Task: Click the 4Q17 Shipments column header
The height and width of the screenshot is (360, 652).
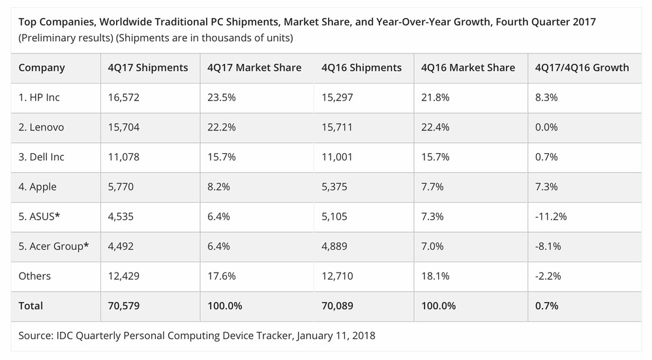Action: (x=148, y=68)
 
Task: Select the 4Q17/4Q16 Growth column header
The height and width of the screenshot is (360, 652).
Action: (x=582, y=68)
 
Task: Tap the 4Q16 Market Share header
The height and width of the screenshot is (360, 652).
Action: (x=468, y=68)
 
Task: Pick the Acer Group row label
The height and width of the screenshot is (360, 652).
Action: (x=53, y=246)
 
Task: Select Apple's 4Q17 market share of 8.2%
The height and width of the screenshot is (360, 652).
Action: (x=218, y=187)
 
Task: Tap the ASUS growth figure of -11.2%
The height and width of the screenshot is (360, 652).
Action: (x=550, y=217)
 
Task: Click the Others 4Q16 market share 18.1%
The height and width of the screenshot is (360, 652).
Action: (x=435, y=276)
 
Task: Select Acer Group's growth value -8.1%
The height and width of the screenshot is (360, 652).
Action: (x=548, y=246)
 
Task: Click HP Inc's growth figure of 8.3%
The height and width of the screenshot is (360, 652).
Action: (x=545, y=97)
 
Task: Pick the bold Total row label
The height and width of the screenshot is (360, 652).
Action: (x=31, y=305)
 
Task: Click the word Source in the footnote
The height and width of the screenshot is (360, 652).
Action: (x=36, y=337)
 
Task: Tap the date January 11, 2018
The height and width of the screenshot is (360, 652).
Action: (x=336, y=337)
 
